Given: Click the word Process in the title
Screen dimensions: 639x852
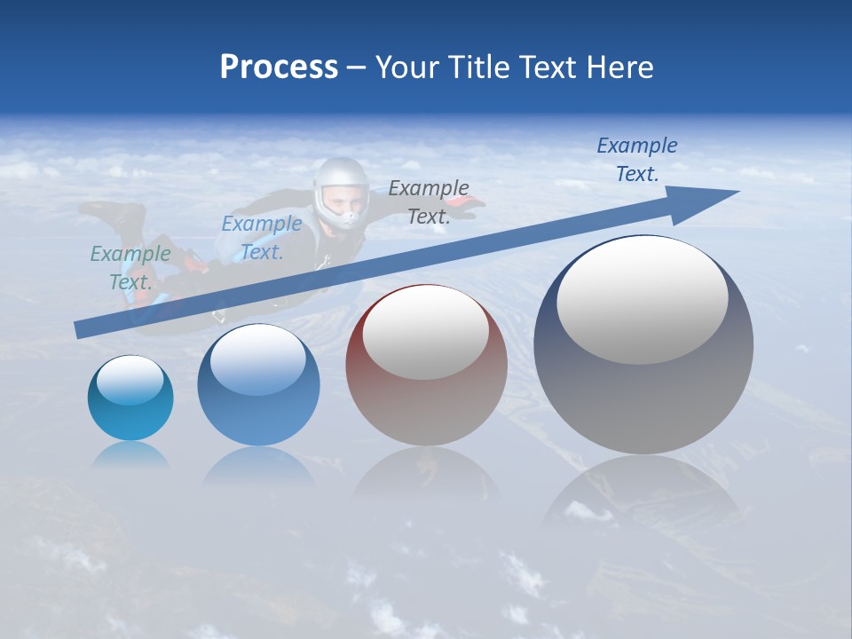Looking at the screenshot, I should click(279, 67).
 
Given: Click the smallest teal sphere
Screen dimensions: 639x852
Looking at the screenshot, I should click(130, 398).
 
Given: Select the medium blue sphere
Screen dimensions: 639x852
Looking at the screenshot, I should click(258, 385).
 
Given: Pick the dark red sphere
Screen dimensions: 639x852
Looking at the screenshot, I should click(426, 366).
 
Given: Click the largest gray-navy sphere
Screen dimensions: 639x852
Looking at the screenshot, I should click(643, 345).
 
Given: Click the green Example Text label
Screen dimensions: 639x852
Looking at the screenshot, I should click(130, 267).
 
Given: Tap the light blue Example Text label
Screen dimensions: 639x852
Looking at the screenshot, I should click(262, 237).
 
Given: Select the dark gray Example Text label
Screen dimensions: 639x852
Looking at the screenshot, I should click(429, 201).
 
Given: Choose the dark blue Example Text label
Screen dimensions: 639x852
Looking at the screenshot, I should click(637, 160).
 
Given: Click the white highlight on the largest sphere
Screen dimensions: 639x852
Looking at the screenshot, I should click(643, 300).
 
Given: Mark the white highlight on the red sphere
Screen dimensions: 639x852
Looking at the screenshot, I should click(426, 333).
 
